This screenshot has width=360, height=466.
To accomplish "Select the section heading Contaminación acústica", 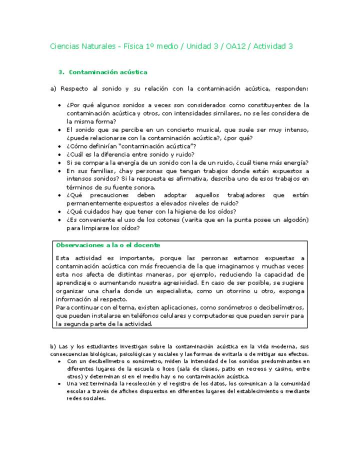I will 108,72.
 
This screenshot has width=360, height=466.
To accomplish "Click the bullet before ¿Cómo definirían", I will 60,146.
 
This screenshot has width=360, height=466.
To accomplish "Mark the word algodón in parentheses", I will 292,220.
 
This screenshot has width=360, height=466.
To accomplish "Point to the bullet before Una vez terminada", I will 60,384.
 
